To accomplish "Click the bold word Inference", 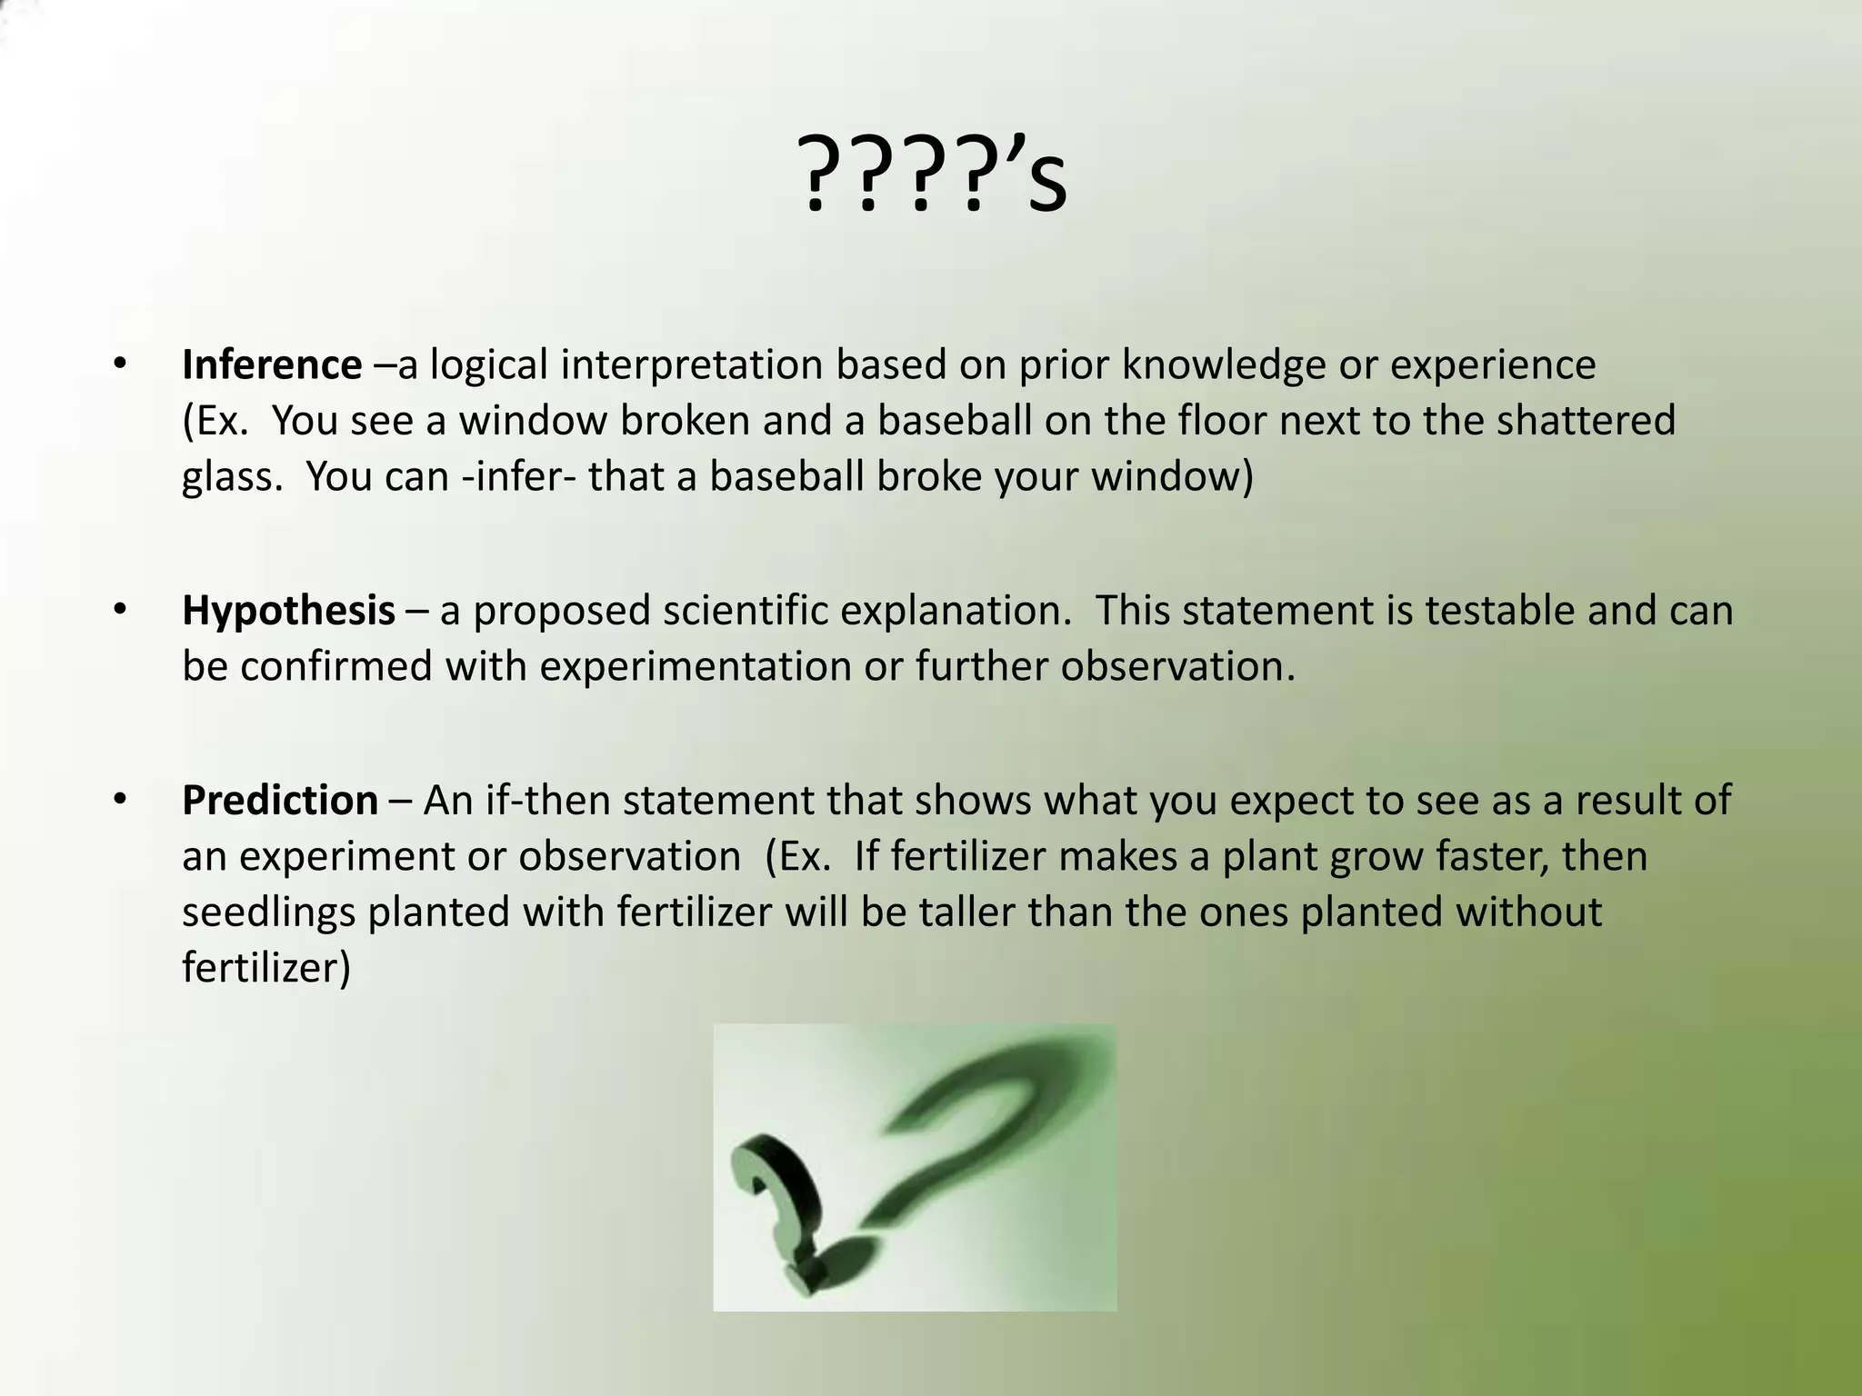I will point(271,365).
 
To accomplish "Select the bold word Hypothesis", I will point(288,611).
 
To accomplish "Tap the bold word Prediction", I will point(279,801).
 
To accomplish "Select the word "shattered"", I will point(1586,421).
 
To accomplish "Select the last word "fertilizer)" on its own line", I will point(265,968).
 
